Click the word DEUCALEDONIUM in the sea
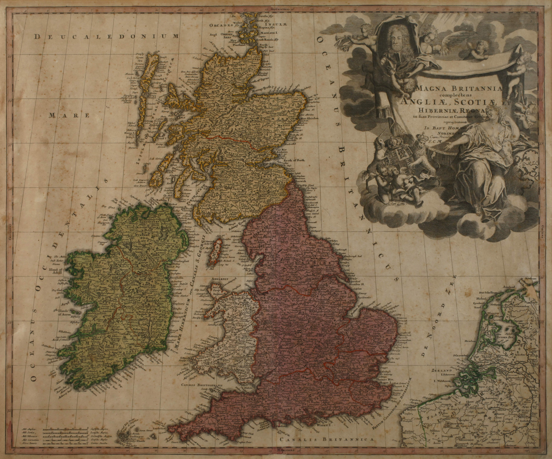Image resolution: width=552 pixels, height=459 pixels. coord(106,37)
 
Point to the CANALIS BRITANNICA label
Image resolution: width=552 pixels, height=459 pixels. coord(326,439)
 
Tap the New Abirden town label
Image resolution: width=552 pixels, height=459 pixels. coord(309,118)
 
